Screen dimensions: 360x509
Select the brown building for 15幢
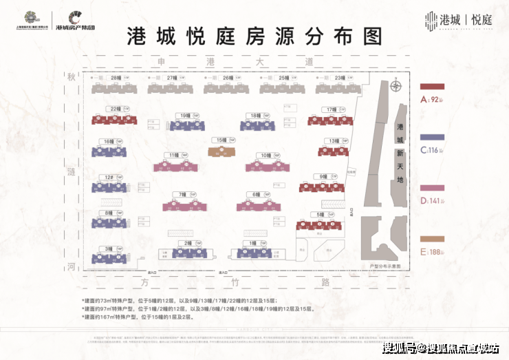tap(221, 151)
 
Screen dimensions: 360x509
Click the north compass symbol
tap(394, 87)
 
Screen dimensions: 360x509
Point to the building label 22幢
tap(115, 109)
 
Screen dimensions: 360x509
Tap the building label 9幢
tap(324, 176)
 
